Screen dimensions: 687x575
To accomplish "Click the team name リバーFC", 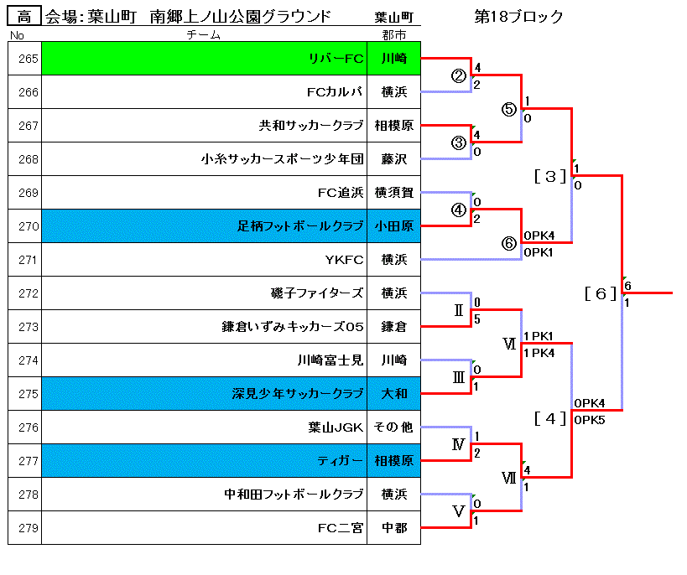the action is click(336, 58).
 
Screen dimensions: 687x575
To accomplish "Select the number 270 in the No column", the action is click(29, 226).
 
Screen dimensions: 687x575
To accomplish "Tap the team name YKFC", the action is click(345, 260).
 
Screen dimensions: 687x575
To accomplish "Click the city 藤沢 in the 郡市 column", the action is click(394, 159).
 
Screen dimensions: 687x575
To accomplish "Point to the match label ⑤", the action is click(508, 109).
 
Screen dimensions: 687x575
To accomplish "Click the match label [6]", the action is click(601, 293).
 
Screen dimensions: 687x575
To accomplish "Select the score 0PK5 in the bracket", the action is click(590, 420).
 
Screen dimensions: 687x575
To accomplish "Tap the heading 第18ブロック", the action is click(518, 17).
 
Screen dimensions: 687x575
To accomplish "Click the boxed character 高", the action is click(24, 17).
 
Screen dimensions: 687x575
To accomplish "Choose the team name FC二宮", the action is click(341, 528).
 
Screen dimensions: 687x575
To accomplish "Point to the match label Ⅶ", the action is click(508, 477).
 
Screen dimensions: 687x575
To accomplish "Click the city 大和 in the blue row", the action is click(394, 394).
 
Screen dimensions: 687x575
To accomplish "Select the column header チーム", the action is click(203, 34).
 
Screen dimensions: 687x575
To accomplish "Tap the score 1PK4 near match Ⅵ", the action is click(539, 353).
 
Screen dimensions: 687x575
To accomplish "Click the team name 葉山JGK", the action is click(336, 427).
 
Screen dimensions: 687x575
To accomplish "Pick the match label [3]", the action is click(550, 177).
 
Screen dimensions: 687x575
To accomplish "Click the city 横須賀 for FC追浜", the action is click(394, 193).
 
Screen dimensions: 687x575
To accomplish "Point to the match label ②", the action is click(458, 76).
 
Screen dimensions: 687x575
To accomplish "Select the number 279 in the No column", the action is click(29, 528).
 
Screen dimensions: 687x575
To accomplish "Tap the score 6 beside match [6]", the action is click(627, 286).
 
